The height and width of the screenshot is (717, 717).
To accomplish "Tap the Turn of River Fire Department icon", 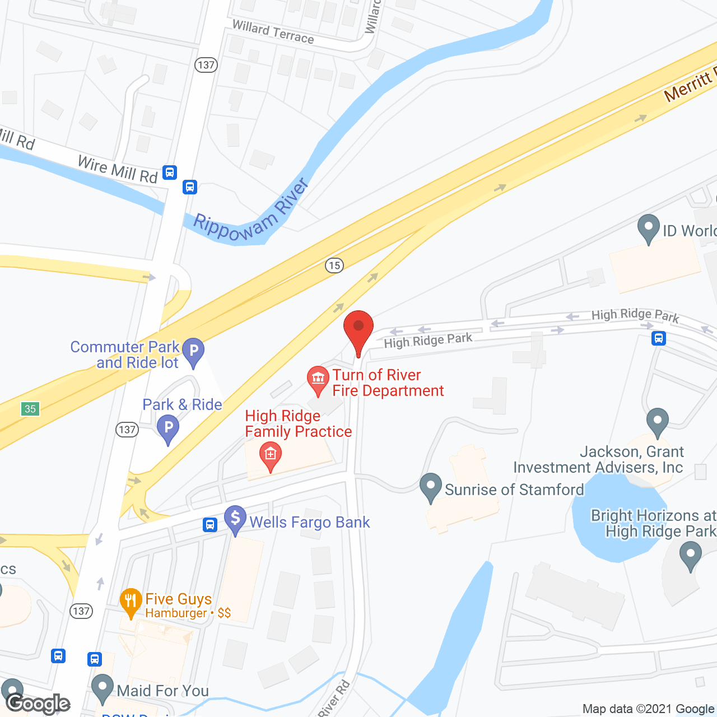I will pos(318,379).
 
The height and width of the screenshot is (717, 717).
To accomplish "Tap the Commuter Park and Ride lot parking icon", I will pos(194,351).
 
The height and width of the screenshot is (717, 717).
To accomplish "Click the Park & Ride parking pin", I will pos(168,429).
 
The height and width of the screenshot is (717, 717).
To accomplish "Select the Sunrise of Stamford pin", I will pos(430,486).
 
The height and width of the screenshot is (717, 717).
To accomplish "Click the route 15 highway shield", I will pos(334,265).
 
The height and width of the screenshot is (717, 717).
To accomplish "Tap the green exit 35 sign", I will pos(30,409).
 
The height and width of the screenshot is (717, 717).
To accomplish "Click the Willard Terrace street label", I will pos(273,32).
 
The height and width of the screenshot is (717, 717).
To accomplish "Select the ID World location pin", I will pos(649,228).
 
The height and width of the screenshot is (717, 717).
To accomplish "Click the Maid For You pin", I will pos(103,687).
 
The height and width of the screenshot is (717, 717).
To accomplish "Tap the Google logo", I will pos(38,703).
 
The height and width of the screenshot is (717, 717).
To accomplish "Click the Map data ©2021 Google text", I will pos(649,709).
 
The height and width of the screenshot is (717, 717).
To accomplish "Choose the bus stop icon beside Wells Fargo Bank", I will pos(210,525).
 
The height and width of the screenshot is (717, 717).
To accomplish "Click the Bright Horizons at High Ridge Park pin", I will pos(690,556).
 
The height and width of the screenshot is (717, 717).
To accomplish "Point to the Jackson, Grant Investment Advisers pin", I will pos(658,421).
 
